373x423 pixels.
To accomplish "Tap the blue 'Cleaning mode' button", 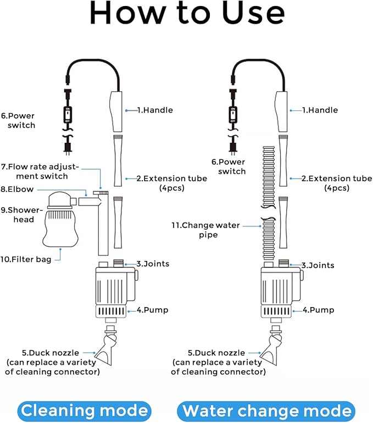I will pos(84,410).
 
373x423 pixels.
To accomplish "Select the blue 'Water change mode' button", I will pos(266,410).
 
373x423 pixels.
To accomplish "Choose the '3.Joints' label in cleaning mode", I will pos(153,264).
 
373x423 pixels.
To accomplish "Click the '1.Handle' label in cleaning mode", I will pos(154,110).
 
